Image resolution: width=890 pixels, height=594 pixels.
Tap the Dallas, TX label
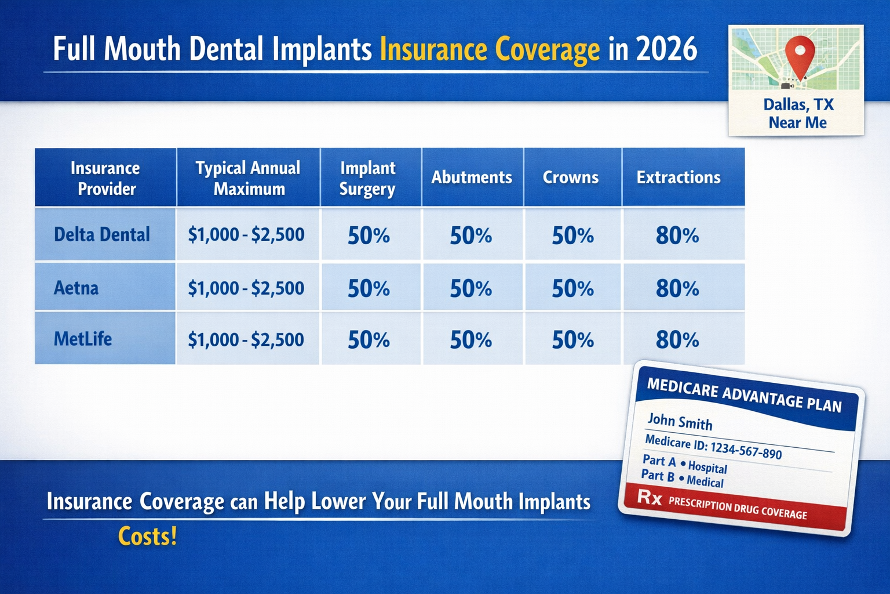[x=798, y=104]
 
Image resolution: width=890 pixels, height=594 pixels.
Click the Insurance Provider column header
[x=105, y=178]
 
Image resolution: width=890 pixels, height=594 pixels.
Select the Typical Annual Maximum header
[x=248, y=178]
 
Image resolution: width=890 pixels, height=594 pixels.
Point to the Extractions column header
[x=678, y=178]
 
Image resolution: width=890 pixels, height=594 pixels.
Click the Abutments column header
[x=472, y=178]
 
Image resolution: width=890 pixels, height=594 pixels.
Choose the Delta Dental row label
[x=102, y=234]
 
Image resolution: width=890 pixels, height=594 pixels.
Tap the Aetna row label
[x=76, y=288]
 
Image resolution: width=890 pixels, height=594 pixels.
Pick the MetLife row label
[x=83, y=339]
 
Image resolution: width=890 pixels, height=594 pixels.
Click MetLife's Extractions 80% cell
[x=677, y=340]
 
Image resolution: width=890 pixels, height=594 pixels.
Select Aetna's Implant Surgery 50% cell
[x=369, y=289]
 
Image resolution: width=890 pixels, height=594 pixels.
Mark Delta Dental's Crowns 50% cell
[x=572, y=236]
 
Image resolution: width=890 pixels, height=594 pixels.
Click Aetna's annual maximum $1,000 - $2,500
[x=246, y=288]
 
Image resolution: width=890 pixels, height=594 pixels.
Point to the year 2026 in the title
[x=666, y=49]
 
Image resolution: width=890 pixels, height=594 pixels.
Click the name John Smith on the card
[x=680, y=422]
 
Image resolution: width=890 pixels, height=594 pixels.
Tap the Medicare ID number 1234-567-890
[x=746, y=449]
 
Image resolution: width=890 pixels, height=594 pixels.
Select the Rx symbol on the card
[x=650, y=497]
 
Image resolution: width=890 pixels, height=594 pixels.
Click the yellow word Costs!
[x=147, y=537]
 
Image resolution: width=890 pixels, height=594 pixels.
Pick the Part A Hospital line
[x=685, y=464]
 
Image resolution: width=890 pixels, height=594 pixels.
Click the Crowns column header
[x=570, y=178]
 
